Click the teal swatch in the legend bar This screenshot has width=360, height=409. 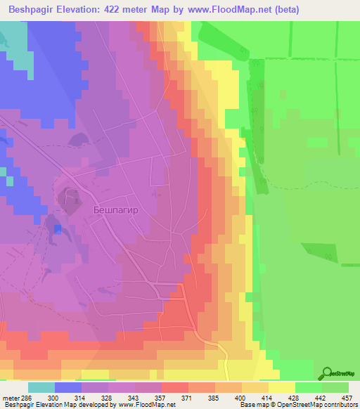[x=41, y=387]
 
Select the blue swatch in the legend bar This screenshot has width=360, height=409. [x=68, y=387]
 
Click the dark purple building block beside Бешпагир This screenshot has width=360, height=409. [x=71, y=200]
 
